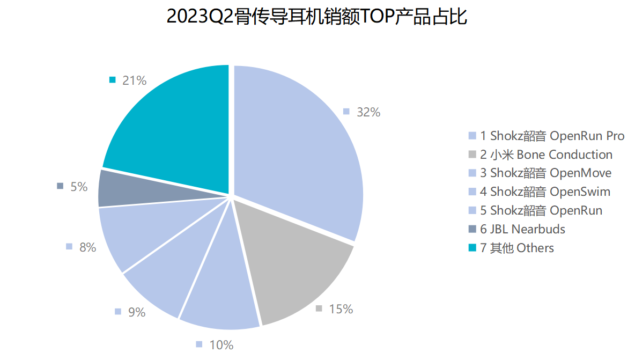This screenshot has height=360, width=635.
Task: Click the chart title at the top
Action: [317, 17]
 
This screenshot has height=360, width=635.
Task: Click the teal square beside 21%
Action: [112, 80]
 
